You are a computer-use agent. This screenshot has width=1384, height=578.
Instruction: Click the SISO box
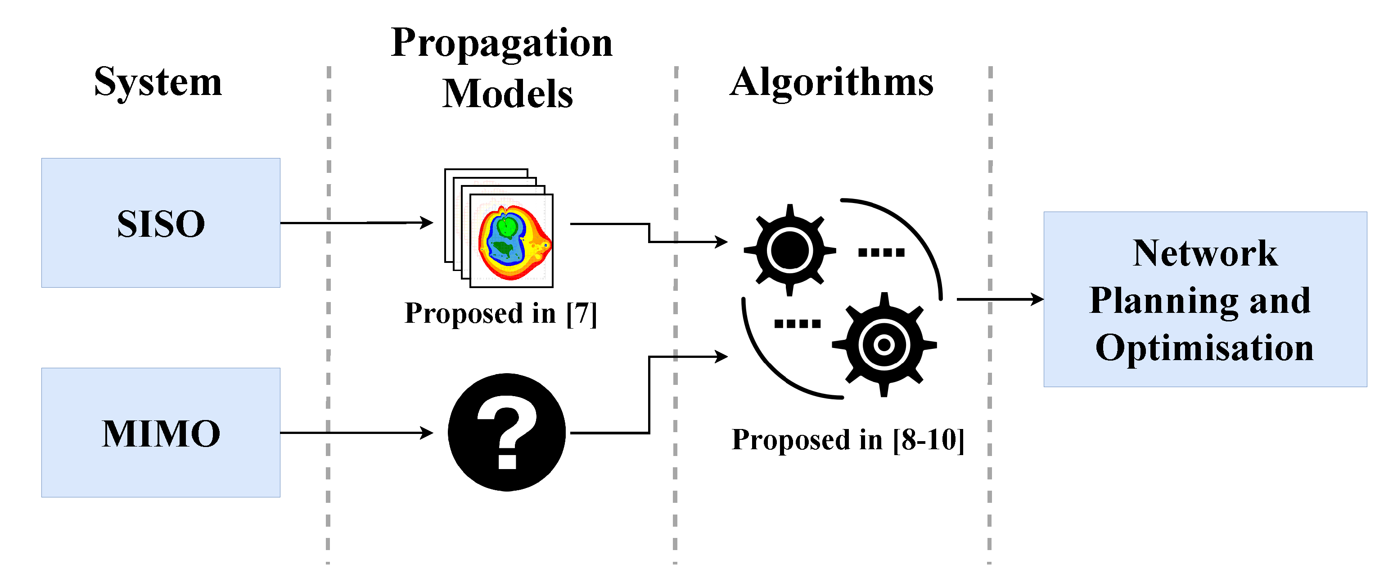coord(161,222)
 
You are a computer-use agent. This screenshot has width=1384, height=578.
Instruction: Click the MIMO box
coord(161,433)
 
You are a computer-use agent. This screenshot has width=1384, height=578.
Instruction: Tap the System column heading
coord(158,82)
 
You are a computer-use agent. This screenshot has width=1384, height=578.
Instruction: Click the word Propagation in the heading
coord(501,43)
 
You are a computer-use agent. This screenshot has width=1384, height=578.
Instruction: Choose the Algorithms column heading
coord(831,82)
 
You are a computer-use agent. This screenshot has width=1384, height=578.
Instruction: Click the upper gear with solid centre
coord(789,250)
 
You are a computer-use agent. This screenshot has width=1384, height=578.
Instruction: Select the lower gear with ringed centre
coord(884,344)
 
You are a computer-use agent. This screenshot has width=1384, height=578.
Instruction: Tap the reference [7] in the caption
coord(582,313)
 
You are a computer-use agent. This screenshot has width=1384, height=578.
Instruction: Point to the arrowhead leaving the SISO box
coord(427,222)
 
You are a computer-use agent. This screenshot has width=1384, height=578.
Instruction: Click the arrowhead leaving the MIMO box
coord(427,433)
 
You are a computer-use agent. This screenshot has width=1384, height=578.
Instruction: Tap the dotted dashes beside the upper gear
coord(881,252)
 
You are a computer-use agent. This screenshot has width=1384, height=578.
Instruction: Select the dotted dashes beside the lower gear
coord(797,323)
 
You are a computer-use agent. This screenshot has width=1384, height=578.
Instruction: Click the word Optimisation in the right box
coord(1204,348)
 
